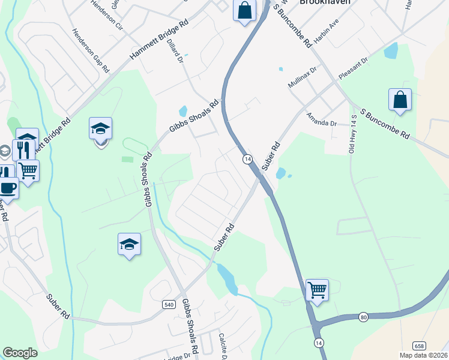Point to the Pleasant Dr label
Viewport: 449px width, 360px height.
pos(354,67)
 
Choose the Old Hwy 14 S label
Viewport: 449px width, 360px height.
pos(353,133)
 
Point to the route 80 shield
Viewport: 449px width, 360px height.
pos(363,316)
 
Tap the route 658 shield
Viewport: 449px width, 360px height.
pos(420,346)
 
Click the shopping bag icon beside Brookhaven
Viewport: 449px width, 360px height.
pos(244,10)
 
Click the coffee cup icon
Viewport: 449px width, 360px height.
pos(7,187)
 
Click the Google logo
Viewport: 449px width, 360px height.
pos(20,353)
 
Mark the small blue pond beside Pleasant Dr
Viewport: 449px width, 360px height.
pos(391,50)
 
